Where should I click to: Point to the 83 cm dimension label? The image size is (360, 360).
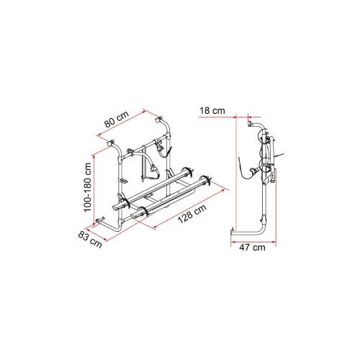(91, 238)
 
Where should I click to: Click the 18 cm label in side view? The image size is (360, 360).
(213, 110)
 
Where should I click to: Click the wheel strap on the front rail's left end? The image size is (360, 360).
(144, 210)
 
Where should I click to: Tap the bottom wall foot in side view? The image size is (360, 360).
(233, 231)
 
